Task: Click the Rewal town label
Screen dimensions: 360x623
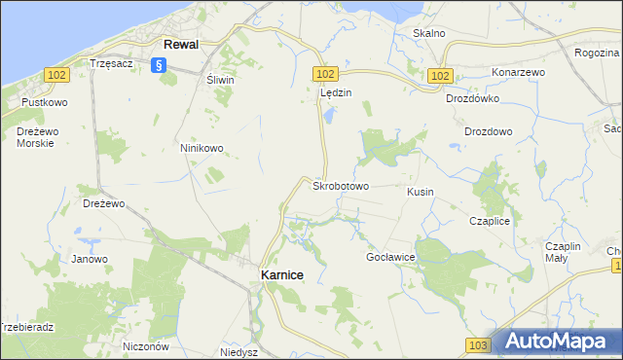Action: pos(181,45)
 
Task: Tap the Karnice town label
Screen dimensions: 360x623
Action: pos(281,275)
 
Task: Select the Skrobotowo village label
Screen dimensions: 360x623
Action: pos(340,186)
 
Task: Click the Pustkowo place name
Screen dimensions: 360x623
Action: pos(43,101)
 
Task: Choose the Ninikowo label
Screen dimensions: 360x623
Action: pos(202,148)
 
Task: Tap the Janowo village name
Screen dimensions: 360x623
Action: pos(89,259)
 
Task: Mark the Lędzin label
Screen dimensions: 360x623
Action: pos(336,93)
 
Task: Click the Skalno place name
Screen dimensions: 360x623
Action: pos(428,33)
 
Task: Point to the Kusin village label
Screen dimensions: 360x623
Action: pos(420,192)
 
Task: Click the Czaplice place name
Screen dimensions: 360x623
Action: pos(490,221)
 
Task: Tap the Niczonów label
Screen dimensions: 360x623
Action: pos(147,345)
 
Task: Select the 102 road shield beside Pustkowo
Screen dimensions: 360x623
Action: pos(55,75)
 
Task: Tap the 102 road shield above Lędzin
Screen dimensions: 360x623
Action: pos(326,74)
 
